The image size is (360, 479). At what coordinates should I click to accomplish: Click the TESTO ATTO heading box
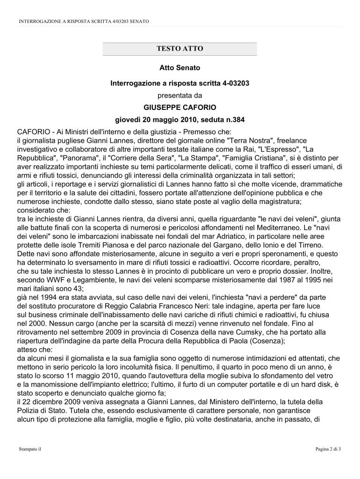(x=180, y=49)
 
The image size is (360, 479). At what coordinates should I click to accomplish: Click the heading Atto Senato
(x=180, y=68)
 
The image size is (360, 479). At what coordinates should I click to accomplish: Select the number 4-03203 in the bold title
(x=232, y=83)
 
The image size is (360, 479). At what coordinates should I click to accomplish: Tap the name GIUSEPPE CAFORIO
(x=180, y=107)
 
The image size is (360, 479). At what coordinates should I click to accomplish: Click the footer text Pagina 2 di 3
(x=328, y=449)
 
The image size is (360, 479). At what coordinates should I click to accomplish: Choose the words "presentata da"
(x=180, y=95)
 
